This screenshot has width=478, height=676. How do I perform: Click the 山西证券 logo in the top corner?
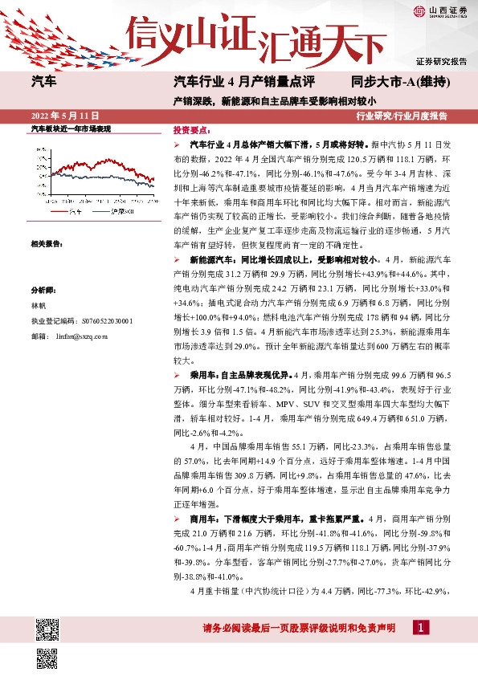[x=441, y=11]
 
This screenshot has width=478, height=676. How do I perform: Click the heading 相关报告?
[x=47, y=242]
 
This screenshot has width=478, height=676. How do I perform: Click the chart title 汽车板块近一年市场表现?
[x=70, y=128]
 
